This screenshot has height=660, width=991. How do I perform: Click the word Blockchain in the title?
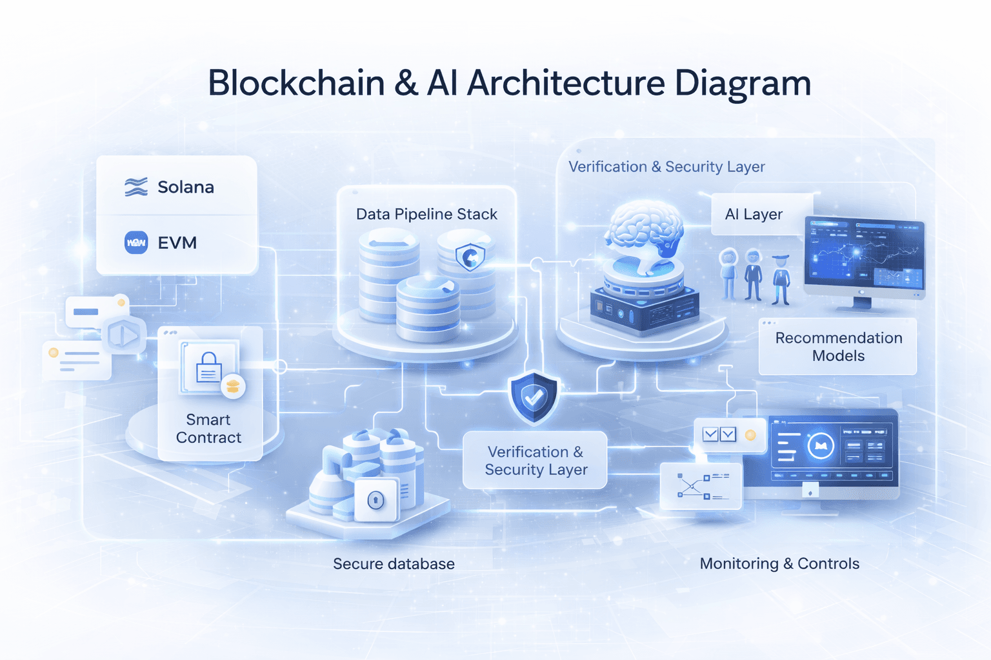point(296,83)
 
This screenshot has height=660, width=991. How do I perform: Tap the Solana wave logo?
point(136,187)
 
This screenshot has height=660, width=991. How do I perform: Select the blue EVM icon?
point(136,242)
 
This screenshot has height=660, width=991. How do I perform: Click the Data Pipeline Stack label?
point(426,214)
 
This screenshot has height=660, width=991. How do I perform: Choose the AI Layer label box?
point(754,214)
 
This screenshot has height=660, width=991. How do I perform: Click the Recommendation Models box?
point(838,347)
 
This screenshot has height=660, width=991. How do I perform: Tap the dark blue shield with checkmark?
point(533,398)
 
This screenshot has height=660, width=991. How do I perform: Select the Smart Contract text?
point(208,429)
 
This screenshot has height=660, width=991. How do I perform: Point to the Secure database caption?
point(394,564)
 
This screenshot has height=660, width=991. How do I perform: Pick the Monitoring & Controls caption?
point(779,564)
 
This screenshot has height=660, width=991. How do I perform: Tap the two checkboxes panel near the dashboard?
point(719,434)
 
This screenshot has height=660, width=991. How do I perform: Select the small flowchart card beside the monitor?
point(701,486)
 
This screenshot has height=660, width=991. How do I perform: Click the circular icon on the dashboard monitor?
point(821,445)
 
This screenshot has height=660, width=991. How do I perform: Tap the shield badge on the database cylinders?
point(470,257)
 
